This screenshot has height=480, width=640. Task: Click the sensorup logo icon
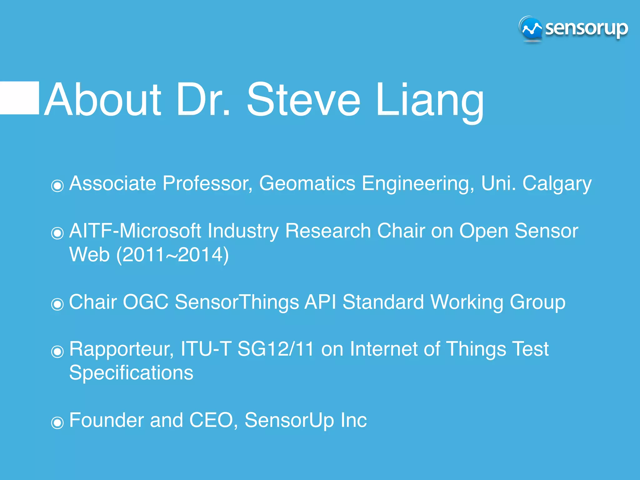(x=531, y=29)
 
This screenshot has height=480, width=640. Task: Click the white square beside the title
(x=19, y=98)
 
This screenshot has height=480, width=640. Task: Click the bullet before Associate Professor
(x=57, y=186)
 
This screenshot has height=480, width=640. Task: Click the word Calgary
(x=557, y=184)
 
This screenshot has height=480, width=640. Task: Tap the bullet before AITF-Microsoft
(x=57, y=233)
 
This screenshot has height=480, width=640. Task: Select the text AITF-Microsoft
(x=135, y=231)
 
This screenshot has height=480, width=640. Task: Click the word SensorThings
(x=237, y=302)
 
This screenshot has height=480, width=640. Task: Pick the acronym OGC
(x=145, y=302)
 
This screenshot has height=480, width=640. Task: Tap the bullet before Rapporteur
(x=57, y=352)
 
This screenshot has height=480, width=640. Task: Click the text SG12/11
(x=275, y=349)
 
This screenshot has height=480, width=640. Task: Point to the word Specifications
(x=131, y=373)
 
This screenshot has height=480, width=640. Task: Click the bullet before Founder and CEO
(x=57, y=423)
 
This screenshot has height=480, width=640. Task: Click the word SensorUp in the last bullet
(x=289, y=420)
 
